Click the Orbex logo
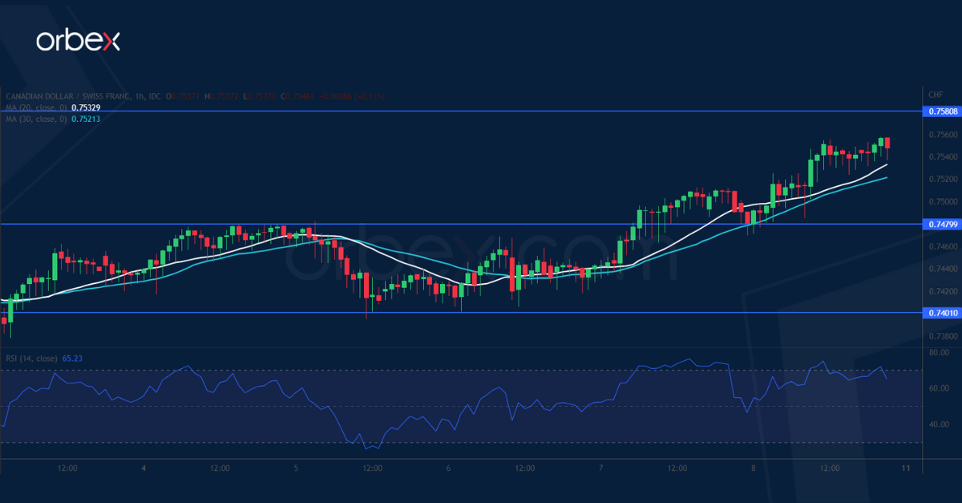pyautogui.click(x=78, y=42)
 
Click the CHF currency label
pyautogui.click(x=935, y=95)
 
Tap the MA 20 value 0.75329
pyautogui.click(x=86, y=107)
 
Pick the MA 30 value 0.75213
pyautogui.click(x=86, y=119)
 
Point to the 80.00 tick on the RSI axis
pyautogui.click(x=939, y=353)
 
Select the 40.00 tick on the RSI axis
pyautogui.click(x=939, y=424)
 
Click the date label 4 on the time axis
pyautogui.click(x=143, y=468)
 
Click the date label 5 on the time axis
pyautogui.click(x=296, y=468)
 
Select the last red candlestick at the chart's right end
pyautogui.click(x=887, y=143)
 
